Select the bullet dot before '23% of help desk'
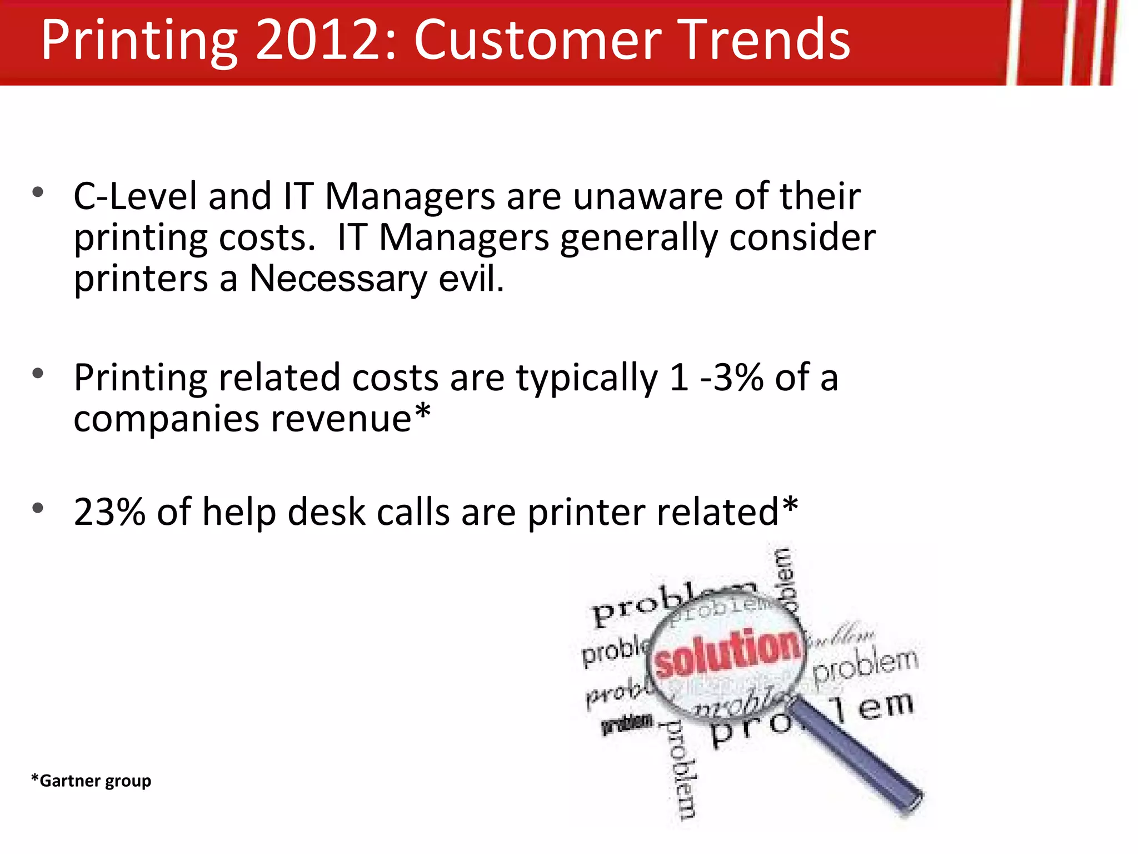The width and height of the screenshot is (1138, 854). point(38,508)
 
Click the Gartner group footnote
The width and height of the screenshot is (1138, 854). point(91,781)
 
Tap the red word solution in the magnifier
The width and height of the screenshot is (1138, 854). point(728,653)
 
